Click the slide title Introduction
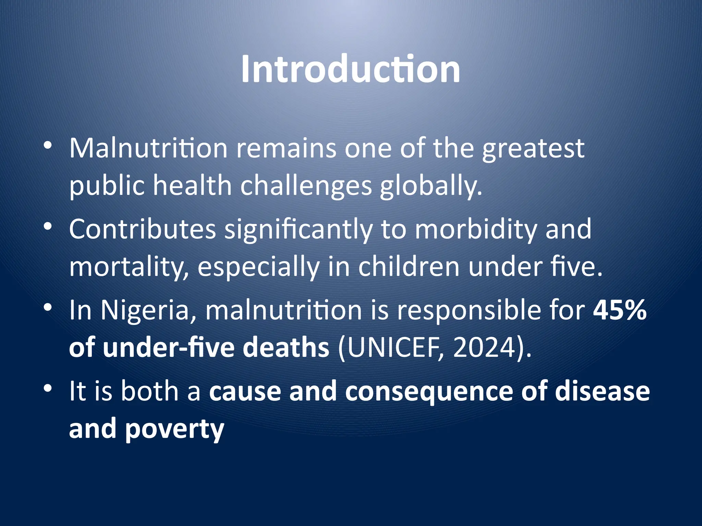coord(350,69)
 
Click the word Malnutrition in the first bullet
coord(148,148)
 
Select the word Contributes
coord(142,229)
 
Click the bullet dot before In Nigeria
coord(48,307)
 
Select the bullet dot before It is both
coord(48,388)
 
